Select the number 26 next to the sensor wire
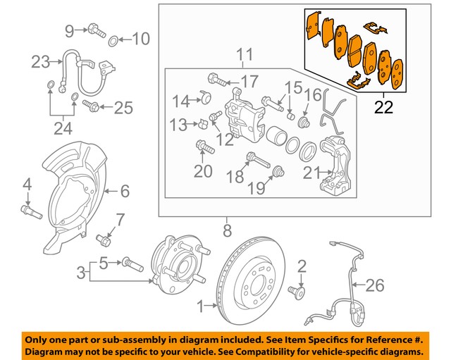(x=376, y=285)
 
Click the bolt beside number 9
(x=96, y=30)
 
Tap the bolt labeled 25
(x=92, y=106)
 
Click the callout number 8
(x=227, y=229)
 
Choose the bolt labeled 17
(x=216, y=79)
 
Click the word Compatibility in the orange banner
(x=271, y=351)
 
